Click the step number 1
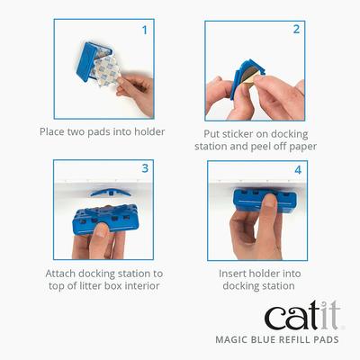point(145,30)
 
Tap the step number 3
point(145,168)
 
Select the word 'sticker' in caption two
point(231,131)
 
